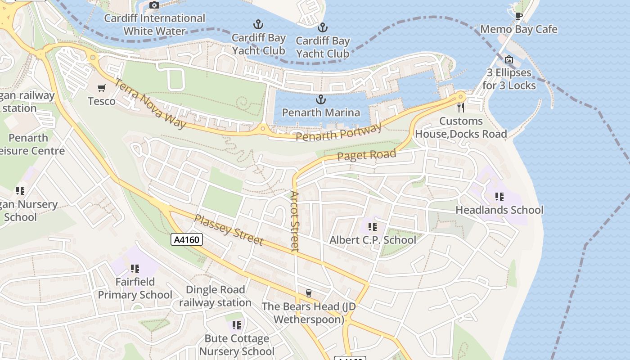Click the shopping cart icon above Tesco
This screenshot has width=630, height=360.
pyautogui.click(x=102, y=88)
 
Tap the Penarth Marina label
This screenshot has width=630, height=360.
pyautogui.click(x=321, y=112)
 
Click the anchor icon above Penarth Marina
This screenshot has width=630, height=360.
pyautogui.click(x=321, y=99)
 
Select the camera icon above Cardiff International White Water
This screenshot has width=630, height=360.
pyautogui.click(x=154, y=5)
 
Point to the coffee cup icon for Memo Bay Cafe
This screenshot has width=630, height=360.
pyautogui.click(x=518, y=16)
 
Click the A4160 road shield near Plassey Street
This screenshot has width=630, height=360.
pyautogui.click(x=187, y=239)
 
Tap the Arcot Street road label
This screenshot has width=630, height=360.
pyautogui.click(x=295, y=221)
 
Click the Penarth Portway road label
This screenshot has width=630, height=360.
pyautogui.click(x=338, y=132)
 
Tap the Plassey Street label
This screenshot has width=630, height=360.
pyautogui.click(x=228, y=229)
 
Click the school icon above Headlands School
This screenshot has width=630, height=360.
pyautogui.click(x=499, y=197)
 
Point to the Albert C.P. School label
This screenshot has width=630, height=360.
pyautogui.click(x=373, y=240)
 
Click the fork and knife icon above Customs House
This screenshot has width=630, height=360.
pyautogui.click(x=460, y=107)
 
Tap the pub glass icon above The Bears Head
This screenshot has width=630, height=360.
pyautogui.click(x=308, y=293)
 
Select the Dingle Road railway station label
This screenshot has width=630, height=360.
pyautogui.click(x=215, y=296)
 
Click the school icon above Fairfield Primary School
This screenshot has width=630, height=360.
pyautogui.click(x=135, y=269)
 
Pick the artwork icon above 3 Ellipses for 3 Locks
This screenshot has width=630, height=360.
pyautogui.click(x=509, y=59)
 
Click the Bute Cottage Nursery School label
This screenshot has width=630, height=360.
pyautogui.click(x=237, y=345)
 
